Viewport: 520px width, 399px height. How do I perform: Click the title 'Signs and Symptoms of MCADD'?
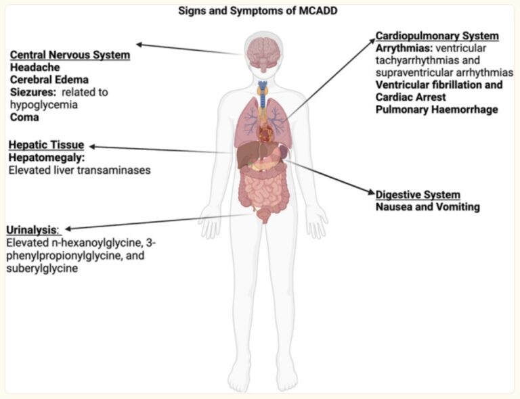click(x=258, y=11)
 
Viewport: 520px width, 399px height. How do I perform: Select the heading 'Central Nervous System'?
click(x=70, y=55)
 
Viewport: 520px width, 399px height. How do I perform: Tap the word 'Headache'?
click(x=35, y=67)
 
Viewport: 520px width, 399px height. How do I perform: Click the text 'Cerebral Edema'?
click(x=49, y=80)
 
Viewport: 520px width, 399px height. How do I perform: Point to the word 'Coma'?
click(x=24, y=117)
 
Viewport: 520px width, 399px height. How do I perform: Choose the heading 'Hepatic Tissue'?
click(x=46, y=145)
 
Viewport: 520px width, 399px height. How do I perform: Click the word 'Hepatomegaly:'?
click(x=47, y=158)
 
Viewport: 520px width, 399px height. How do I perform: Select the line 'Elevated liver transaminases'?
click(x=80, y=170)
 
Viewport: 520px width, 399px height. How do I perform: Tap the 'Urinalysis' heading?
click(x=32, y=230)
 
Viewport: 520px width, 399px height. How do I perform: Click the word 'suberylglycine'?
click(x=42, y=268)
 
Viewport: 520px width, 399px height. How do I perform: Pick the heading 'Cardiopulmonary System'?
click(x=437, y=36)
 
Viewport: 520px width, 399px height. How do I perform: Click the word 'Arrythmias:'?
click(x=404, y=48)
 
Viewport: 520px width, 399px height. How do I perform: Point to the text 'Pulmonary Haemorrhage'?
click(x=437, y=110)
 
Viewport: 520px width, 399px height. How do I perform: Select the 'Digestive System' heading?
click(x=418, y=195)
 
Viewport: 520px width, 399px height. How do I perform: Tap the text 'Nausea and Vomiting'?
click(x=427, y=207)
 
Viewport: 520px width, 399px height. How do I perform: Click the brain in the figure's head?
click(x=264, y=53)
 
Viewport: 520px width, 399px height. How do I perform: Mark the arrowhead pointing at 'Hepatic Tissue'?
click(x=92, y=147)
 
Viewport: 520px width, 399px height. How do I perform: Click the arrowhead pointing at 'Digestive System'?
click(x=372, y=192)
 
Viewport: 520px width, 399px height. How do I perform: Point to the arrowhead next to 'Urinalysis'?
click(x=68, y=229)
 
